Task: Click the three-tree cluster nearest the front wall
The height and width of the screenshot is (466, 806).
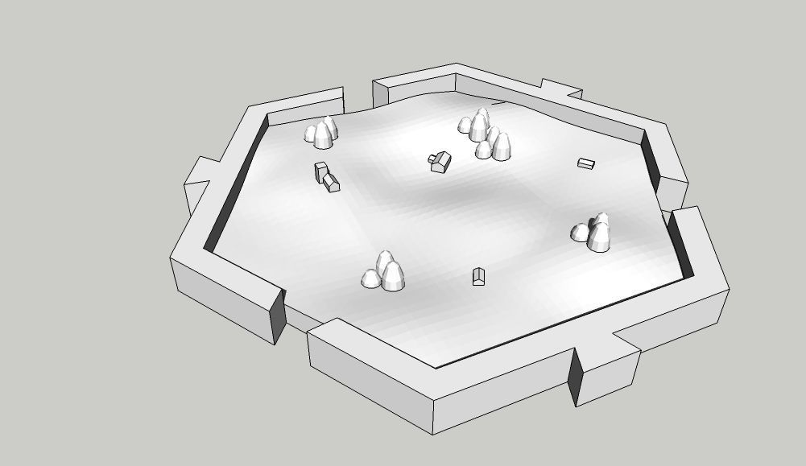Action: tap(384, 272)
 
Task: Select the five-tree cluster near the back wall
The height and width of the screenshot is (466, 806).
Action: tap(486, 134)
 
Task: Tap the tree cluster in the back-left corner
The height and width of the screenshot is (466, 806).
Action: tap(321, 133)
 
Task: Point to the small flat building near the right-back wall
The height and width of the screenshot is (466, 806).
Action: tap(586, 164)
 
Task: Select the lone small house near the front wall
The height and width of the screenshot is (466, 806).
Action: tap(479, 277)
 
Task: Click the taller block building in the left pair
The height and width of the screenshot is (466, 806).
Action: tap(321, 171)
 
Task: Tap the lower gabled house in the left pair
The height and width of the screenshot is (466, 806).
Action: tap(333, 185)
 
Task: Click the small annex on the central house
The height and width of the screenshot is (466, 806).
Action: tap(432, 158)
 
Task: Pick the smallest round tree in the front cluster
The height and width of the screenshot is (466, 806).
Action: tap(370, 279)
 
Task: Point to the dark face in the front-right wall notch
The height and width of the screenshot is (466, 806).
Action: tap(575, 377)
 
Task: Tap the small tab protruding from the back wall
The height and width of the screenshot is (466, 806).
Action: tap(560, 87)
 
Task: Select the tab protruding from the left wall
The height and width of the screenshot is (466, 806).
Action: tap(196, 181)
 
